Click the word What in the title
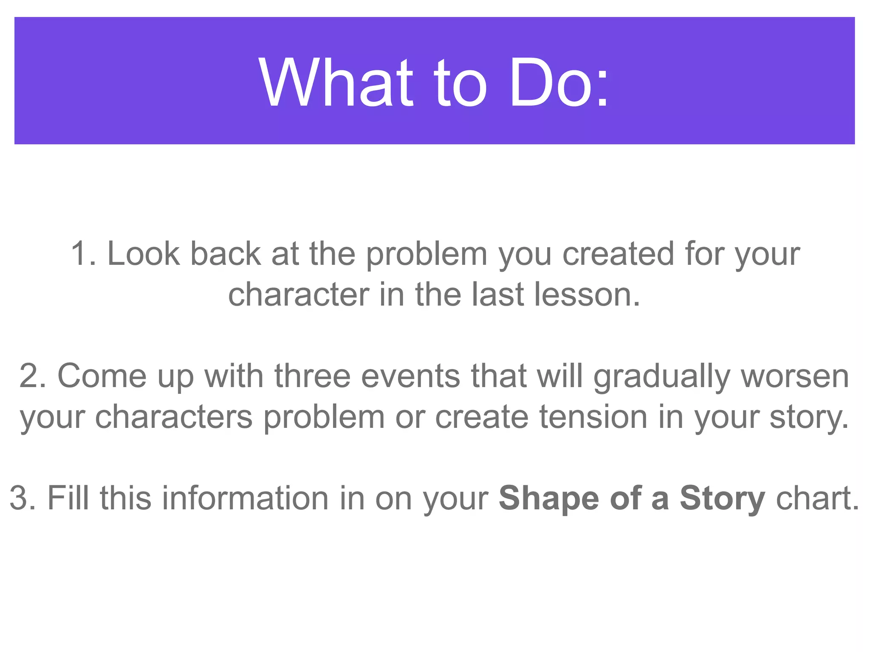[336, 82]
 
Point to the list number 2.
[31, 376]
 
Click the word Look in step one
[143, 254]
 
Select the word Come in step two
[102, 376]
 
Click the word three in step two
[313, 376]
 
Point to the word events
[410, 376]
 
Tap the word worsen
[795, 376]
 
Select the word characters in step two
[174, 417]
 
